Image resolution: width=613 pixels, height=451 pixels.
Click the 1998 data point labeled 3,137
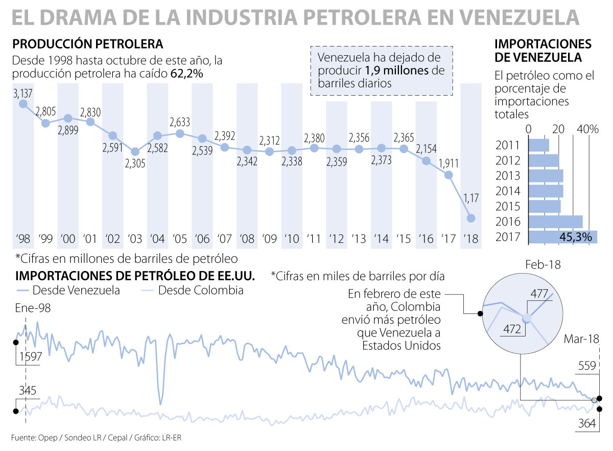click(23, 104)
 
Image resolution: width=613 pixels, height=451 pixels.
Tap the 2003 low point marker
click(135, 152)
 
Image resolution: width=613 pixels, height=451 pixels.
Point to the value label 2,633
click(180, 123)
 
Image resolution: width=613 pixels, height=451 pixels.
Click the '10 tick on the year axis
click(292, 239)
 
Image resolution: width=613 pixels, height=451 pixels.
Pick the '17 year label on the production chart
click(449, 239)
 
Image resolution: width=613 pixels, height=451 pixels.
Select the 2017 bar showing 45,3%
click(562, 237)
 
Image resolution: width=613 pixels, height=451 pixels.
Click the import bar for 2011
click(539, 145)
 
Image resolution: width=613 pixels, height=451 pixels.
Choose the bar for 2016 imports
click(555, 221)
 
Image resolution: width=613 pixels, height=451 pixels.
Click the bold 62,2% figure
click(186, 75)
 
